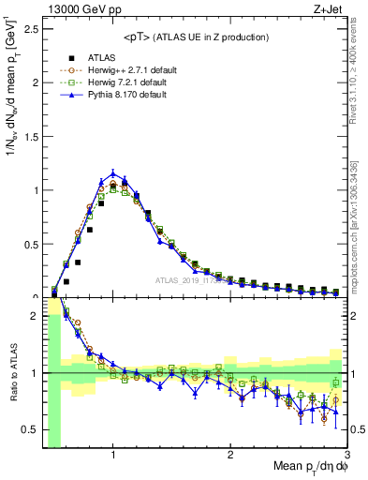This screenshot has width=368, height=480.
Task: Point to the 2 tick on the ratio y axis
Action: (35, 317)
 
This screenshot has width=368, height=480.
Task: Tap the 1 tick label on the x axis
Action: (113, 455)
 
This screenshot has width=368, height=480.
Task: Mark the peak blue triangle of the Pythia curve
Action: (113, 172)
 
